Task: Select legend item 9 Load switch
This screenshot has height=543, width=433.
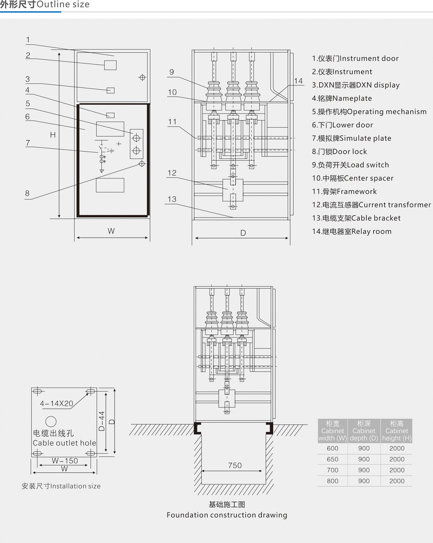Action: point(350,165)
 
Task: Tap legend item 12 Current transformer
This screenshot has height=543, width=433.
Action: point(371,205)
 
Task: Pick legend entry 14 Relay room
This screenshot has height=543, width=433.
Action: point(352,231)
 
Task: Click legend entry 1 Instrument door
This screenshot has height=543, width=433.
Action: point(355,59)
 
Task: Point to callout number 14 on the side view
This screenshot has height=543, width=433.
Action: point(298,81)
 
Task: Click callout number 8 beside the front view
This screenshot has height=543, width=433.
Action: point(27,193)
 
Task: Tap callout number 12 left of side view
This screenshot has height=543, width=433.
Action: point(172,173)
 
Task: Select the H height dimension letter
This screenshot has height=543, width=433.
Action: point(53,135)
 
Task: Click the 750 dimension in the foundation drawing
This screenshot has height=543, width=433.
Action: point(235,465)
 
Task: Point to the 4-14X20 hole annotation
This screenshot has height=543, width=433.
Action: point(57,404)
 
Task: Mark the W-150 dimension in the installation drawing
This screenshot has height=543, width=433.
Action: point(65,461)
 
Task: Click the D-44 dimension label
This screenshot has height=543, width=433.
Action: point(102,421)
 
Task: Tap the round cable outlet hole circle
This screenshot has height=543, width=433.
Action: point(51,421)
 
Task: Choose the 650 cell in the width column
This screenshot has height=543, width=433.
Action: point(333,459)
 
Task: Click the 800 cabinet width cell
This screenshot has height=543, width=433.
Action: point(333,481)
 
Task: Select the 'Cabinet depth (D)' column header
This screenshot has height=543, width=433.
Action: point(364,431)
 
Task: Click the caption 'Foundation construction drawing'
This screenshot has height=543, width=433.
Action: point(227,515)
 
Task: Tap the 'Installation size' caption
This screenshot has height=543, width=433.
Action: point(61,486)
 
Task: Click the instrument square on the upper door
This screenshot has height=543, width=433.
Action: point(110,65)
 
